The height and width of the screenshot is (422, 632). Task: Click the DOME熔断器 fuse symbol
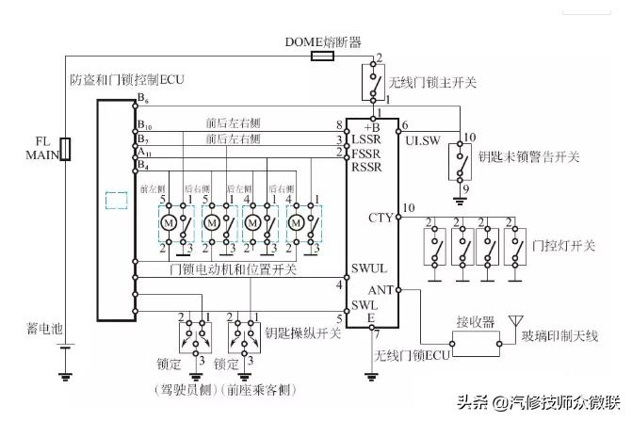click(x=321, y=57)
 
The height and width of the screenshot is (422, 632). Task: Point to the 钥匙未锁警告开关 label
click(x=527, y=156)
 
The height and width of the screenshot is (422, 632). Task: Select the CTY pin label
click(x=380, y=219)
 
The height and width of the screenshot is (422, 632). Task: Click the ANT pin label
click(x=381, y=291)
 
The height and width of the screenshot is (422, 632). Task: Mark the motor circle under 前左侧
click(x=168, y=223)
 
